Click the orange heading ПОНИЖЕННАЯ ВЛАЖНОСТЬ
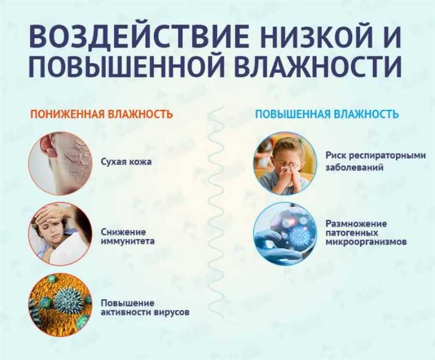tap(101, 114)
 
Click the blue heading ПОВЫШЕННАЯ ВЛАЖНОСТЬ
tap(327, 114)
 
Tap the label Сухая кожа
tap(126, 162)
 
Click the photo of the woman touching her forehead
tap(60, 233)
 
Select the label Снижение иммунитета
tap(128, 236)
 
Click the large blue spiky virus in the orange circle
tap(68, 300)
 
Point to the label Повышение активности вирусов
tap(145, 308)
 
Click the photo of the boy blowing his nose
tap(285, 163)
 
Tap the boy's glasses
tap(288, 165)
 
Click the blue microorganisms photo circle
tap(285, 233)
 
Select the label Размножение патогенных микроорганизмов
tap(365, 232)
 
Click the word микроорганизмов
tap(366, 241)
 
